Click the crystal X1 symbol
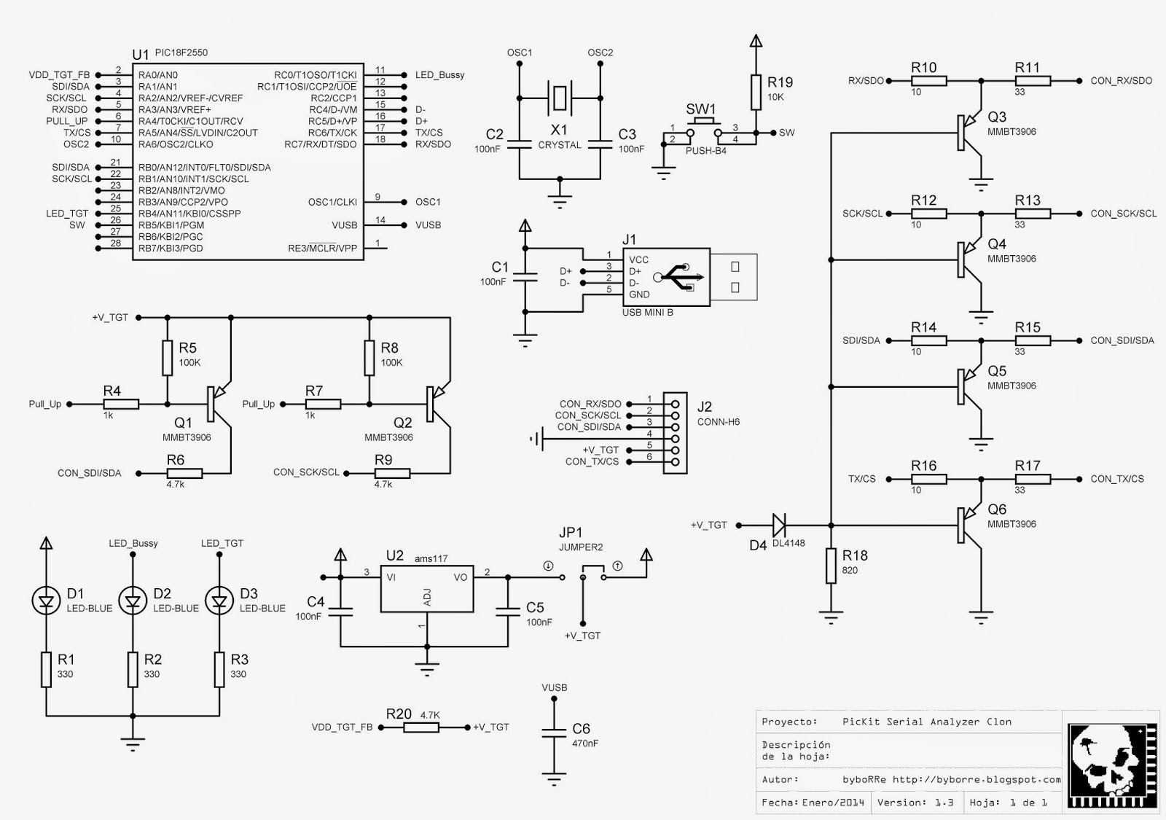[x=559, y=98]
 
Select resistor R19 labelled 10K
[x=756, y=93]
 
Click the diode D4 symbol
[x=778, y=524]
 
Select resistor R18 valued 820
[x=831, y=566]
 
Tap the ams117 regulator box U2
[x=426, y=588]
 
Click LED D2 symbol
[x=133, y=601]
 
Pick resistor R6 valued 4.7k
[x=184, y=473]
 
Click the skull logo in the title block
[x=1110, y=765]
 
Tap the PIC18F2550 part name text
[x=181, y=53]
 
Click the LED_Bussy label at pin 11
[x=439, y=75]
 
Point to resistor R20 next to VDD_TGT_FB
[x=421, y=727]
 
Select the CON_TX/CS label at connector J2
[x=592, y=461]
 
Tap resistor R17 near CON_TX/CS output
[x=1033, y=479]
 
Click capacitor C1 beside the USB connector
[x=525, y=276]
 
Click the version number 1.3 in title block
[x=944, y=803]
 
